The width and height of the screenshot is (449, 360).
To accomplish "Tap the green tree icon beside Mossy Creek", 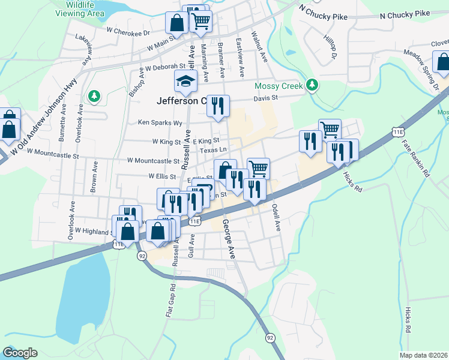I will pyautogui.click(x=311, y=85).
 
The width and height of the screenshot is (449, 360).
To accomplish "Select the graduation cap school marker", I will pyautogui.click(x=186, y=80).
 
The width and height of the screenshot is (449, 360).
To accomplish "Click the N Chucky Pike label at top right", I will pyautogui.click(x=405, y=13).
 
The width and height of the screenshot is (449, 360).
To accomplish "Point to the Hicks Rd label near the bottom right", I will pyautogui.click(x=408, y=321).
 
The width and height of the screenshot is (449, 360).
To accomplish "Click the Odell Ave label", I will pyautogui.click(x=276, y=217).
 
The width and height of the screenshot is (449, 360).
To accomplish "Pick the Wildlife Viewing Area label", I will pyautogui.click(x=84, y=9).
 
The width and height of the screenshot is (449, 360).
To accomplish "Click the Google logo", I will pyautogui.click(x=20, y=353).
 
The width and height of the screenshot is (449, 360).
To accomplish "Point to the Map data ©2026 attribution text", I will pyautogui.click(x=423, y=355).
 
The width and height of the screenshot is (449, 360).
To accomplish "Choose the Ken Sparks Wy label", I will pyautogui.click(x=160, y=122).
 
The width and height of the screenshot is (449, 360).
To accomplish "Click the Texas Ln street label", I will pyautogui.click(x=214, y=150).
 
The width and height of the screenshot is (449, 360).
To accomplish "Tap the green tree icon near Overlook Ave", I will pyautogui.click(x=94, y=96).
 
